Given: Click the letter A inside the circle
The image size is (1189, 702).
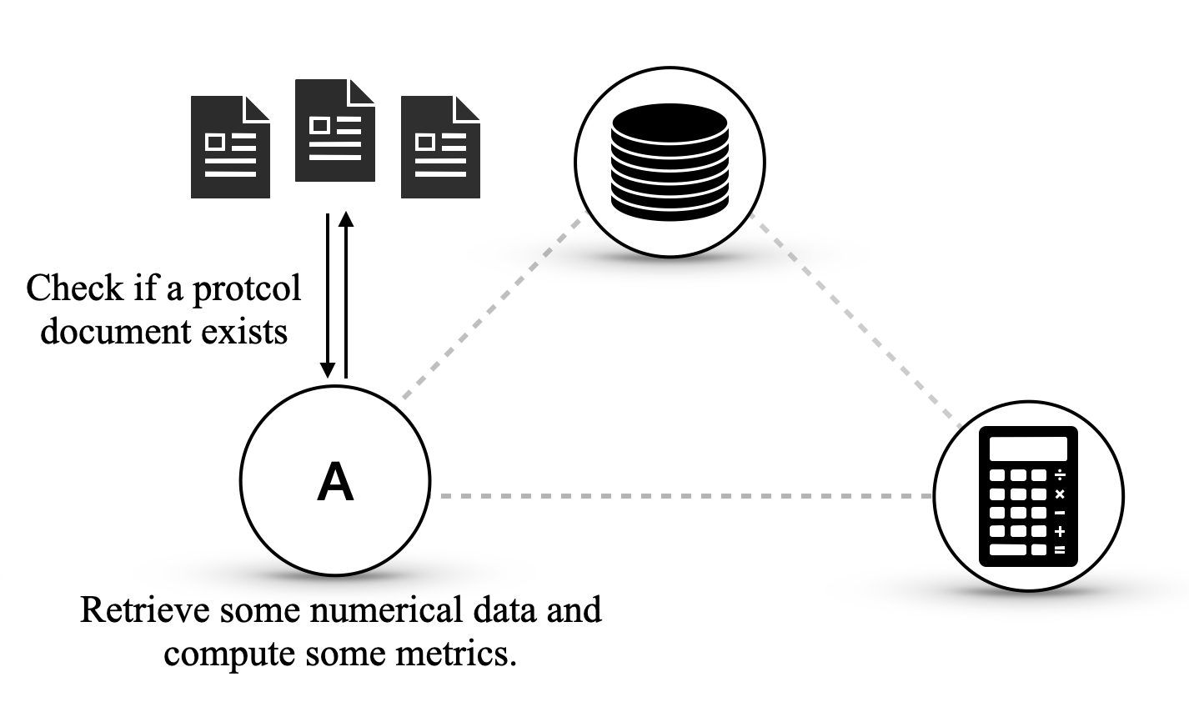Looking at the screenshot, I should [x=335, y=483].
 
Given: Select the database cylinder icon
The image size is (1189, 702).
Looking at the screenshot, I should [x=669, y=161].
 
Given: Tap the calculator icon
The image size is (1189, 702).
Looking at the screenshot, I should [x=1027, y=496].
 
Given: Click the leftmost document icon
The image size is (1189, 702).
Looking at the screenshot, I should [x=230, y=147].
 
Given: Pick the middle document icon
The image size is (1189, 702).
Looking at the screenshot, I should [x=335, y=130].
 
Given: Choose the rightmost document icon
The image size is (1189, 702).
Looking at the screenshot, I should [x=440, y=147].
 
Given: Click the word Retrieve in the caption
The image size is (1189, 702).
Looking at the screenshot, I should [x=147, y=609].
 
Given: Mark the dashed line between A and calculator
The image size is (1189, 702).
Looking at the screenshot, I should [x=684, y=496].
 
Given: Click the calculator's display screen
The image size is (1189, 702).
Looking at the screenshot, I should [x=1027, y=449].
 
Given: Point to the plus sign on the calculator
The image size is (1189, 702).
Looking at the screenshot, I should [x=1060, y=531].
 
